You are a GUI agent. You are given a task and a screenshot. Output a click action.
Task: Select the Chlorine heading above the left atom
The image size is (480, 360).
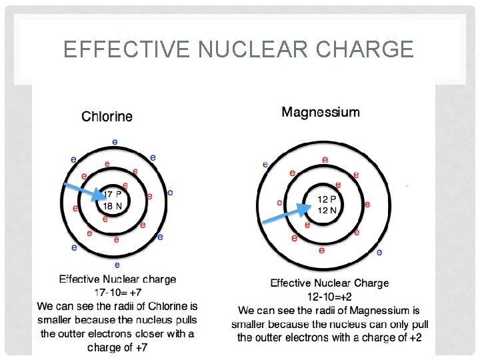[107, 117]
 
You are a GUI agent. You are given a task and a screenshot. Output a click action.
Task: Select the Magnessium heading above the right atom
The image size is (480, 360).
[321, 112]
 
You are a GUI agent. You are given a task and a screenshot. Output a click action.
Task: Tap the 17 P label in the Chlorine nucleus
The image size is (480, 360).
[113, 195]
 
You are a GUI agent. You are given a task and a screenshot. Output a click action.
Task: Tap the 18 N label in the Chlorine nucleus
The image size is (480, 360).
[113, 206]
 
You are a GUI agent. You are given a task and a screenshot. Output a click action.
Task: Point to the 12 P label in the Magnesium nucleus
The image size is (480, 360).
[327, 199]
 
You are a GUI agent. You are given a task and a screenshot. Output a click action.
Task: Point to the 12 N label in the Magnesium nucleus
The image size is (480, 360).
[327, 210]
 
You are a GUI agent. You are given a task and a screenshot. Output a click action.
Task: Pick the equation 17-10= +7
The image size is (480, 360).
[117, 292]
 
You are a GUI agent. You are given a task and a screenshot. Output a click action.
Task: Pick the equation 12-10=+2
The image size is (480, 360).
[329, 296]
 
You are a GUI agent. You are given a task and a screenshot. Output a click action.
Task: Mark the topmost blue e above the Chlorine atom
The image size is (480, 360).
[115, 141]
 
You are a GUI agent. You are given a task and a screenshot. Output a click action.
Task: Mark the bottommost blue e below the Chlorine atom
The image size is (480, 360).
[117, 265]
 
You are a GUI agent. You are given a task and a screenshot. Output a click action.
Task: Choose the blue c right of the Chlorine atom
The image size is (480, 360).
[171, 193]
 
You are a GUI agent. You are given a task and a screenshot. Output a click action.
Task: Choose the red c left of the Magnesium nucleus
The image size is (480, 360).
[279, 203]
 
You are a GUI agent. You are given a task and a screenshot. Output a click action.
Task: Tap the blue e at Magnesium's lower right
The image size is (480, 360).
[379, 252]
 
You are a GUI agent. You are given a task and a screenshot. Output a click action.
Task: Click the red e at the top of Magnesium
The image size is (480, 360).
[325, 159]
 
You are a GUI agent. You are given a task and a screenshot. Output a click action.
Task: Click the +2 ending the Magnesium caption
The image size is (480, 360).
[415, 337]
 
